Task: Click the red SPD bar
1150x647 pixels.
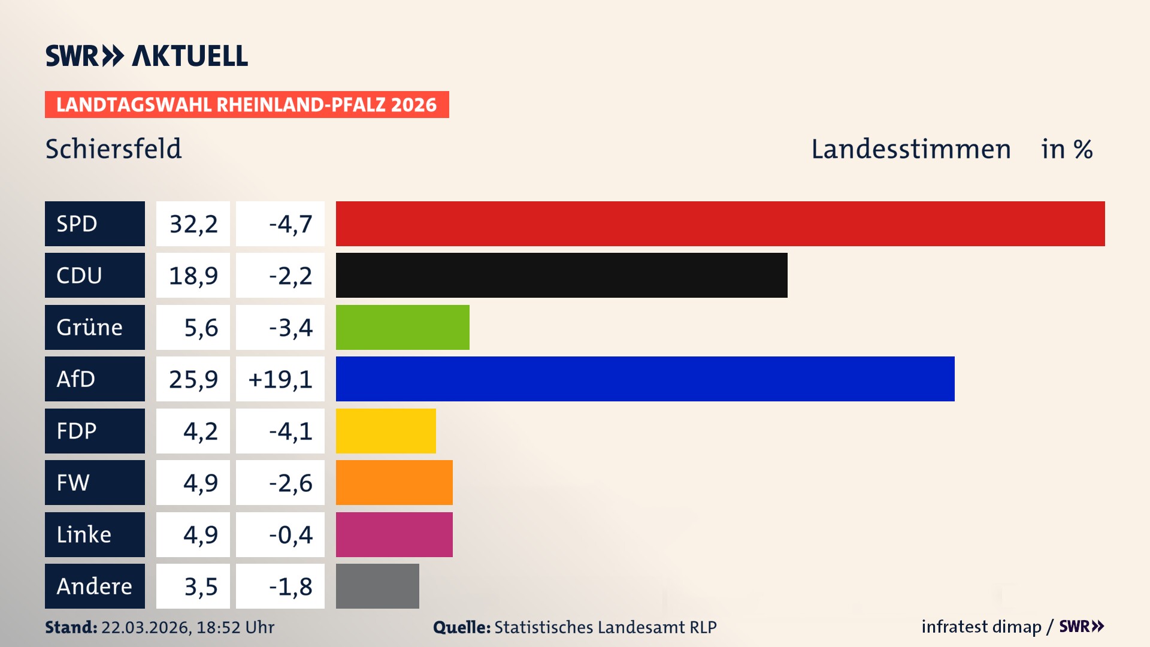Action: coord(720,223)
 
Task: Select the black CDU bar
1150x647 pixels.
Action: coord(561,275)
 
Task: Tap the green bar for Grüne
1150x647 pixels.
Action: coord(402,327)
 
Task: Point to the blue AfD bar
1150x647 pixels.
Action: coord(645,379)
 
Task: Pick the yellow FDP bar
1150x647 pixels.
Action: coord(386,431)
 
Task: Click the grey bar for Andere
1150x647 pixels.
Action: coord(377,586)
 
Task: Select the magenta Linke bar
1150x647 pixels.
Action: coord(394,534)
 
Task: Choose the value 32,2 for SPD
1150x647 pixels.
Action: coord(193,224)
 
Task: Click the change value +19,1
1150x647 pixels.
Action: coord(280,379)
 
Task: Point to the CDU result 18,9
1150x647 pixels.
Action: coord(193,276)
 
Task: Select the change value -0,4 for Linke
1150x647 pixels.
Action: coord(290,534)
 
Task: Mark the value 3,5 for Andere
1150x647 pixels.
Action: coord(200,586)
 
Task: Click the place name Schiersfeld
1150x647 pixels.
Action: coord(113,149)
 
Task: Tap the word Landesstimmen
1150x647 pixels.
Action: coord(910,149)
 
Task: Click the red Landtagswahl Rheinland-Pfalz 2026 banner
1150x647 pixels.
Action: coord(247,104)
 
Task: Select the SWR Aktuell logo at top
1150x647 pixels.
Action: coord(146,56)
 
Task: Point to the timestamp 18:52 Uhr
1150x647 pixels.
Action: coord(235,627)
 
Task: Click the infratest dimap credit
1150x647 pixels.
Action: coord(980,627)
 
